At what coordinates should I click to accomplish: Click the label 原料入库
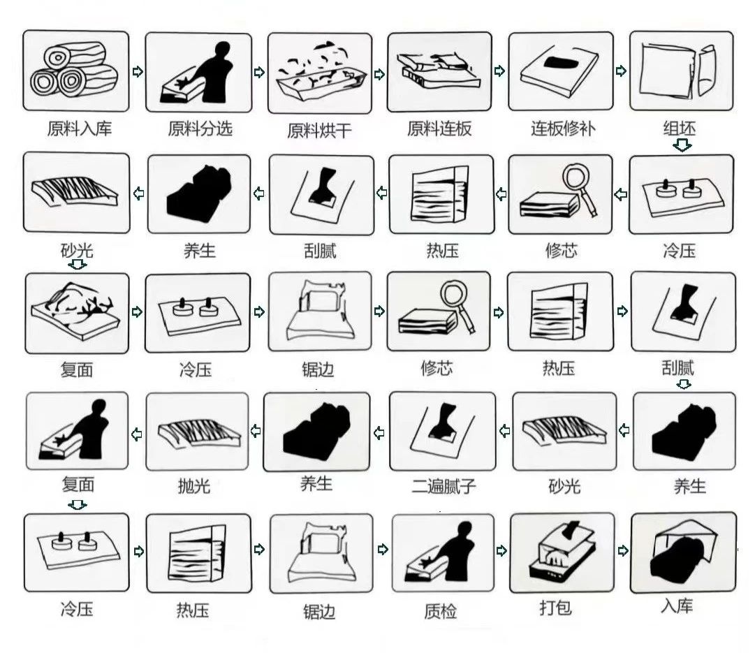click(x=80, y=129)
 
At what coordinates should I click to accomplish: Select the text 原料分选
click(x=200, y=129)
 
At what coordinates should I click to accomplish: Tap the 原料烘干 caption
click(x=320, y=131)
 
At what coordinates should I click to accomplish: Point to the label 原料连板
click(x=439, y=129)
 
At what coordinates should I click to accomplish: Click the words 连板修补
click(x=563, y=129)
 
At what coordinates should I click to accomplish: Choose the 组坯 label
click(x=680, y=129)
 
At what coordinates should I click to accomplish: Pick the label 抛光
click(x=194, y=486)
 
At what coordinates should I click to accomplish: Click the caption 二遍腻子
click(x=444, y=486)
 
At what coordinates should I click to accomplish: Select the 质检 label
click(x=440, y=611)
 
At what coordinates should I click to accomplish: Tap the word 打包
click(x=556, y=608)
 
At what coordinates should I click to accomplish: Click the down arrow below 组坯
click(x=682, y=145)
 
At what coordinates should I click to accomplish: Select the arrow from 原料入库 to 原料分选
click(x=138, y=72)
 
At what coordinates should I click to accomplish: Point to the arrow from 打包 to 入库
click(x=622, y=550)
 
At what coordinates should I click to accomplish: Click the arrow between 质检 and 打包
click(x=501, y=550)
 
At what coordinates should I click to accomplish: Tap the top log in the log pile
click(x=75, y=57)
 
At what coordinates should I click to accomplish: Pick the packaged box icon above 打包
click(x=562, y=552)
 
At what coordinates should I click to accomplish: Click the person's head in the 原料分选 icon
click(x=223, y=50)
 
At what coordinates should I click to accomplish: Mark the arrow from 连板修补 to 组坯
click(x=621, y=71)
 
